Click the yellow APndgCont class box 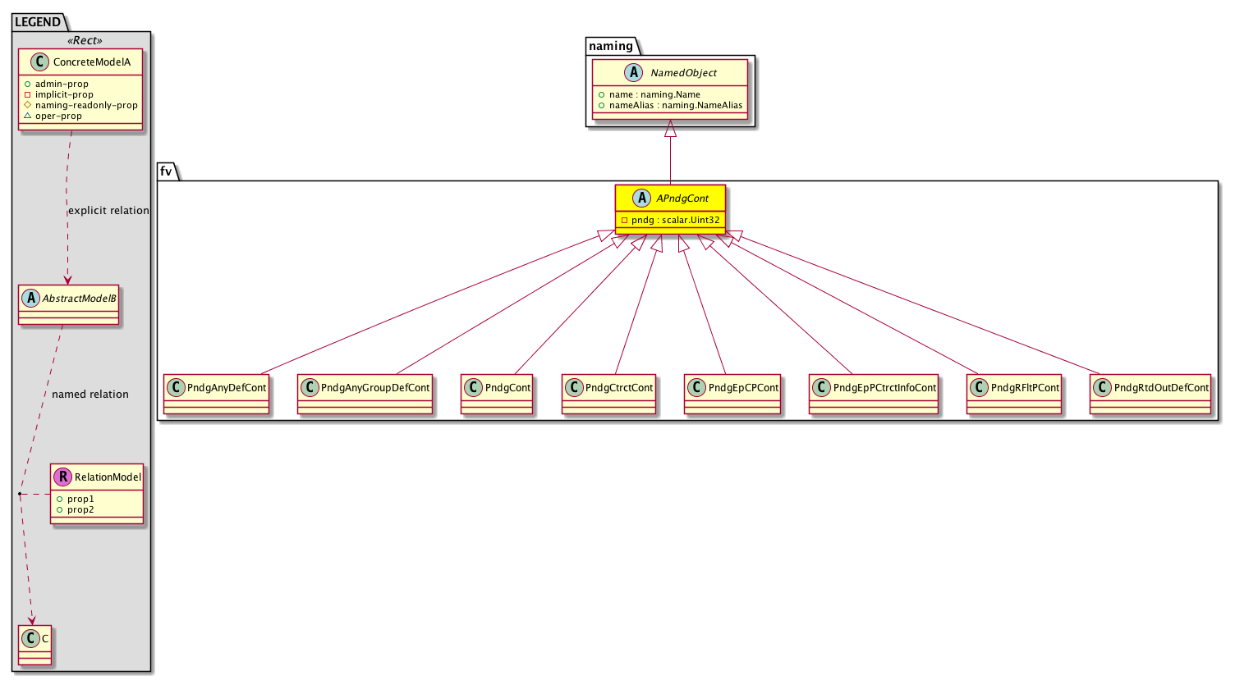[670, 209]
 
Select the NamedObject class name [683, 73]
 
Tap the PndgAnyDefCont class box [216, 394]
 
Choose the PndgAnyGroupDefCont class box [365, 394]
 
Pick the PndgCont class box [496, 394]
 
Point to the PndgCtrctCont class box [608, 394]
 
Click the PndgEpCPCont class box [732, 394]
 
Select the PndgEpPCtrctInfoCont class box [874, 394]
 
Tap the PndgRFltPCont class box [1014, 394]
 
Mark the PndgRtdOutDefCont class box [1150, 394]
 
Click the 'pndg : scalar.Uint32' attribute [675, 221]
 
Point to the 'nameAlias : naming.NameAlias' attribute [675, 105]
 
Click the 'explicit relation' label [108, 210]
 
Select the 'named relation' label [90, 395]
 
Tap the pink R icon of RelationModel [63, 477]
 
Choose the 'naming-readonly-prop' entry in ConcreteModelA [86, 105]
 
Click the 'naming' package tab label [611, 46]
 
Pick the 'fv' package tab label [165, 171]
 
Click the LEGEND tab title [38, 22]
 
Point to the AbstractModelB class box [68, 304]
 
